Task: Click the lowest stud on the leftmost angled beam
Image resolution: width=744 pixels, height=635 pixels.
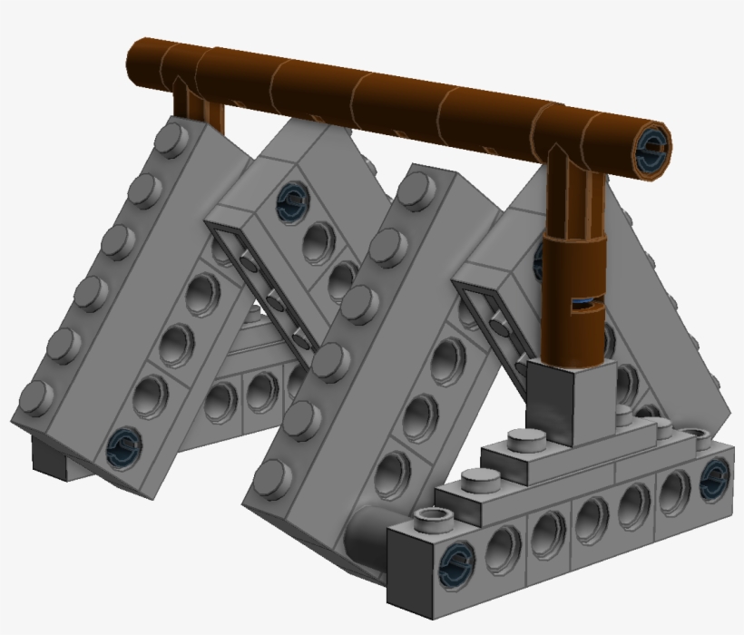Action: [x=35, y=397]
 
